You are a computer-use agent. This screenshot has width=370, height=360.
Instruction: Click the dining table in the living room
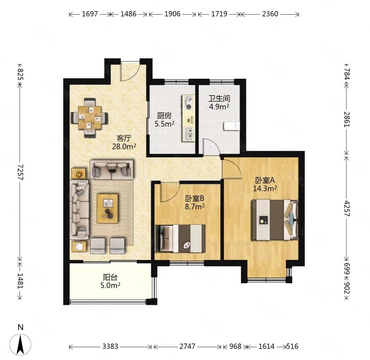click(90, 117)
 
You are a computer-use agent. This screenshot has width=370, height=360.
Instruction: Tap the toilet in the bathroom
click(231, 126)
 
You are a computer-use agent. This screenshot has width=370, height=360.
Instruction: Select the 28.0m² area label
click(124, 147)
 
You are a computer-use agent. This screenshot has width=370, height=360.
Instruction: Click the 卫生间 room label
click(219, 99)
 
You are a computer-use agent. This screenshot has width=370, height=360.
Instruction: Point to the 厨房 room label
click(164, 116)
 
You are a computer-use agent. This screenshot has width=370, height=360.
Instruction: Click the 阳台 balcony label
click(110, 277)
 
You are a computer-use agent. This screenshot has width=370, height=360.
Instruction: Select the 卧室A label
click(265, 180)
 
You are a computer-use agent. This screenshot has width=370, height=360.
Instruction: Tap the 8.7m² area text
click(194, 207)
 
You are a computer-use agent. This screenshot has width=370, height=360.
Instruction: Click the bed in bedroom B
click(180, 238)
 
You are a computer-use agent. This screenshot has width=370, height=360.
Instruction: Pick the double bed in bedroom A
click(275, 220)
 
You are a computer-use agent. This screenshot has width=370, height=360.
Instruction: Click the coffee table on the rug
click(108, 208)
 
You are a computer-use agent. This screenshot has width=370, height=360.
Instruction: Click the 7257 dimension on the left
click(21, 172)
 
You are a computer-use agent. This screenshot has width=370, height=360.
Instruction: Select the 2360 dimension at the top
click(270, 14)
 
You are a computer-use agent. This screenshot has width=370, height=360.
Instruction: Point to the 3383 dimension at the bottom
click(110, 346)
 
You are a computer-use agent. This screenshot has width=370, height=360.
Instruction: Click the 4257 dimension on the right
click(346, 208)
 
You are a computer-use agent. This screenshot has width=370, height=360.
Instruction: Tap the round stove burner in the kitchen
click(189, 107)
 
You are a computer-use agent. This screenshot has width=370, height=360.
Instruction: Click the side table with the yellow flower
click(79, 174)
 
